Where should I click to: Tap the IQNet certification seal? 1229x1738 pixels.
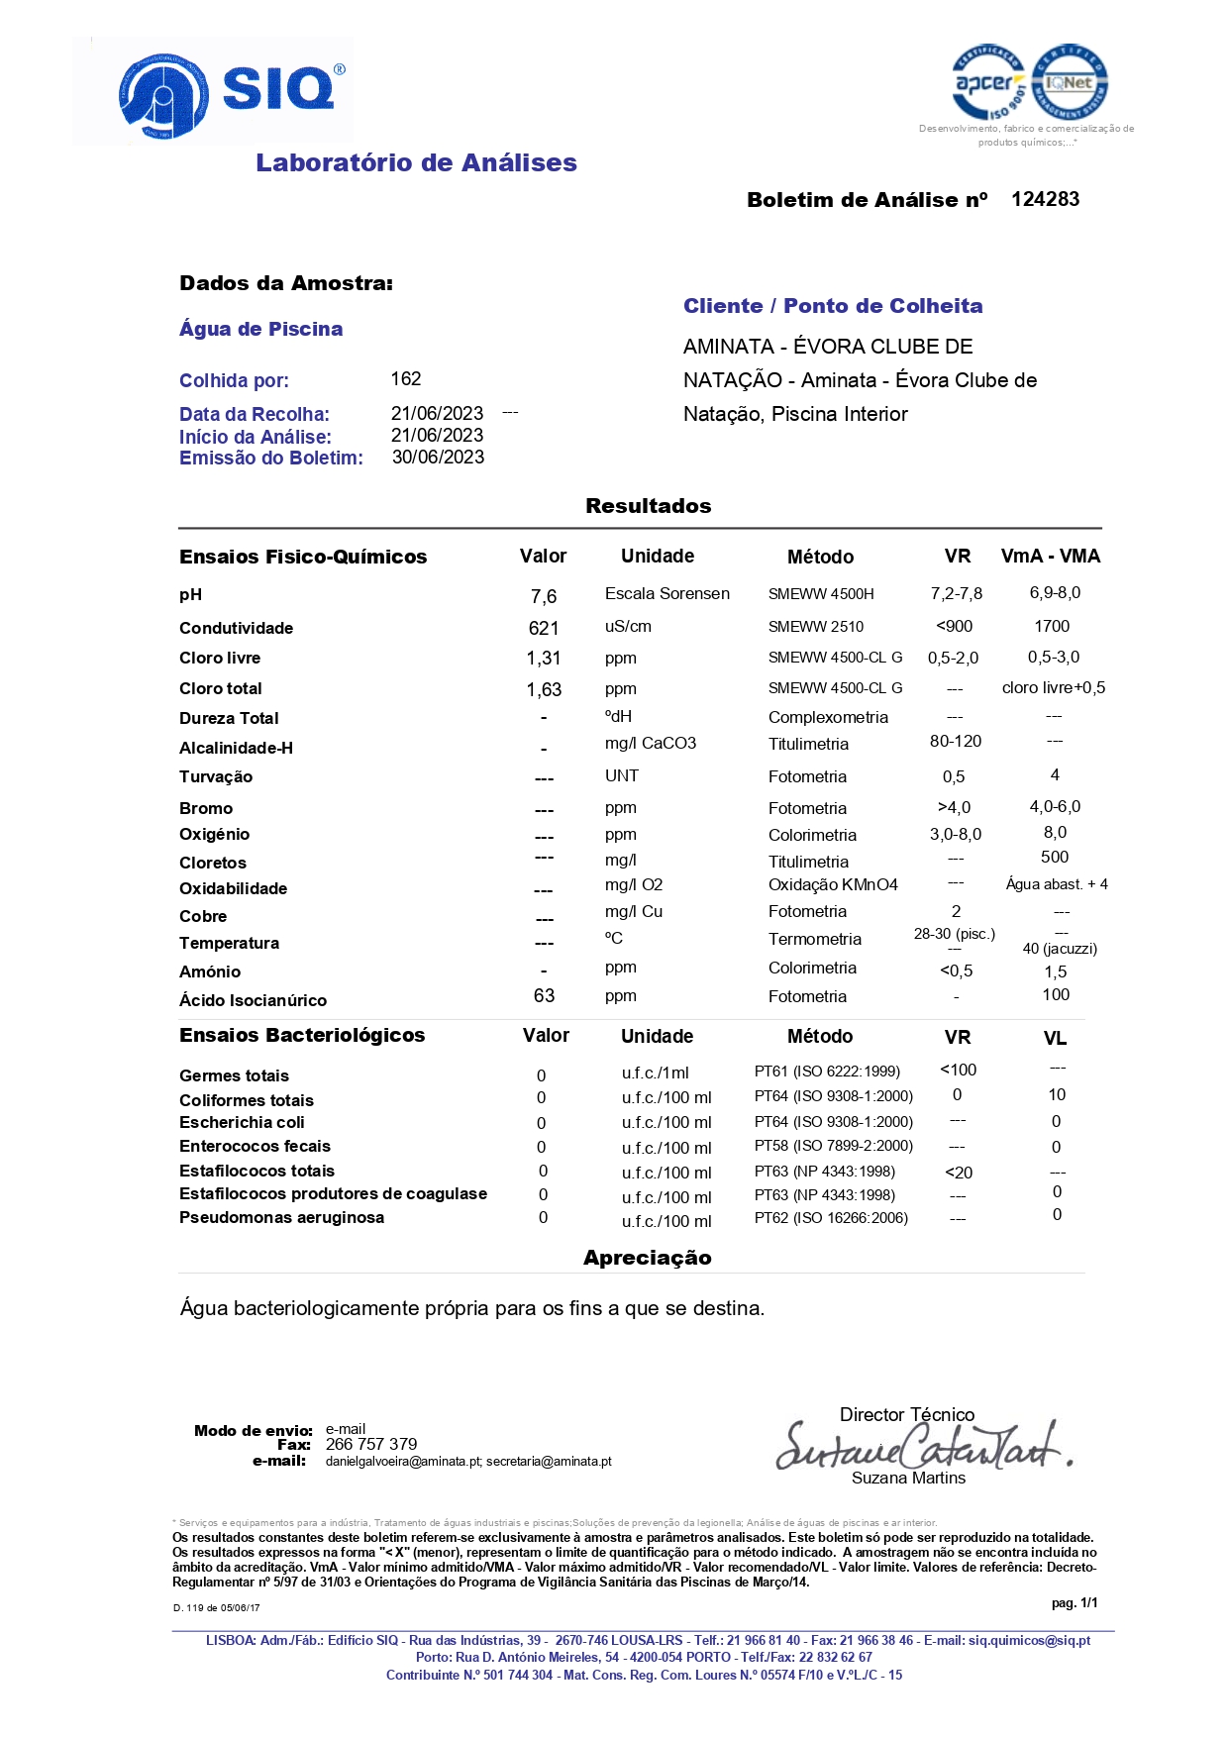click(x=1070, y=83)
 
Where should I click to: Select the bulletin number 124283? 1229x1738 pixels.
click(x=1045, y=199)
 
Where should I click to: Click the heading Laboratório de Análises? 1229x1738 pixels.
click(x=416, y=163)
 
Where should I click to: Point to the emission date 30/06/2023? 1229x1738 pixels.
click(x=438, y=458)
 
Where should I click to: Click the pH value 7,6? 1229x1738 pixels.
click(x=544, y=596)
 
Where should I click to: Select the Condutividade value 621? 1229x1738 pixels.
click(x=544, y=628)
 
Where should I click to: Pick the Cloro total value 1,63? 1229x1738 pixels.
click(x=544, y=689)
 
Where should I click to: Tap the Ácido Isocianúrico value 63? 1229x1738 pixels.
click(x=544, y=995)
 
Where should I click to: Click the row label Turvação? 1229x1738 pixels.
click(x=216, y=777)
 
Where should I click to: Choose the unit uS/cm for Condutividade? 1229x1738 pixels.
click(x=628, y=627)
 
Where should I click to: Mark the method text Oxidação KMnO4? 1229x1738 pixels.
click(x=833, y=884)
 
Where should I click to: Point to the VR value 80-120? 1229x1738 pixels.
click(x=955, y=742)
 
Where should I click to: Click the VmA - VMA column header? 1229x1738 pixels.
click(x=1050, y=557)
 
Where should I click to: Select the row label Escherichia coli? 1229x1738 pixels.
click(x=242, y=1122)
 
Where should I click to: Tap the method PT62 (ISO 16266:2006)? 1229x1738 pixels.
click(x=831, y=1218)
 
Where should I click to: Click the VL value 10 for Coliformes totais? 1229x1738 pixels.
click(x=1057, y=1094)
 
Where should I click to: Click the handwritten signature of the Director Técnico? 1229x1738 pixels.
click(x=921, y=1447)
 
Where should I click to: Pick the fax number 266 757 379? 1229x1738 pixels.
click(x=371, y=1444)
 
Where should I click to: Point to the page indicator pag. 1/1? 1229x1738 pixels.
click(x=1075, y=1602)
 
